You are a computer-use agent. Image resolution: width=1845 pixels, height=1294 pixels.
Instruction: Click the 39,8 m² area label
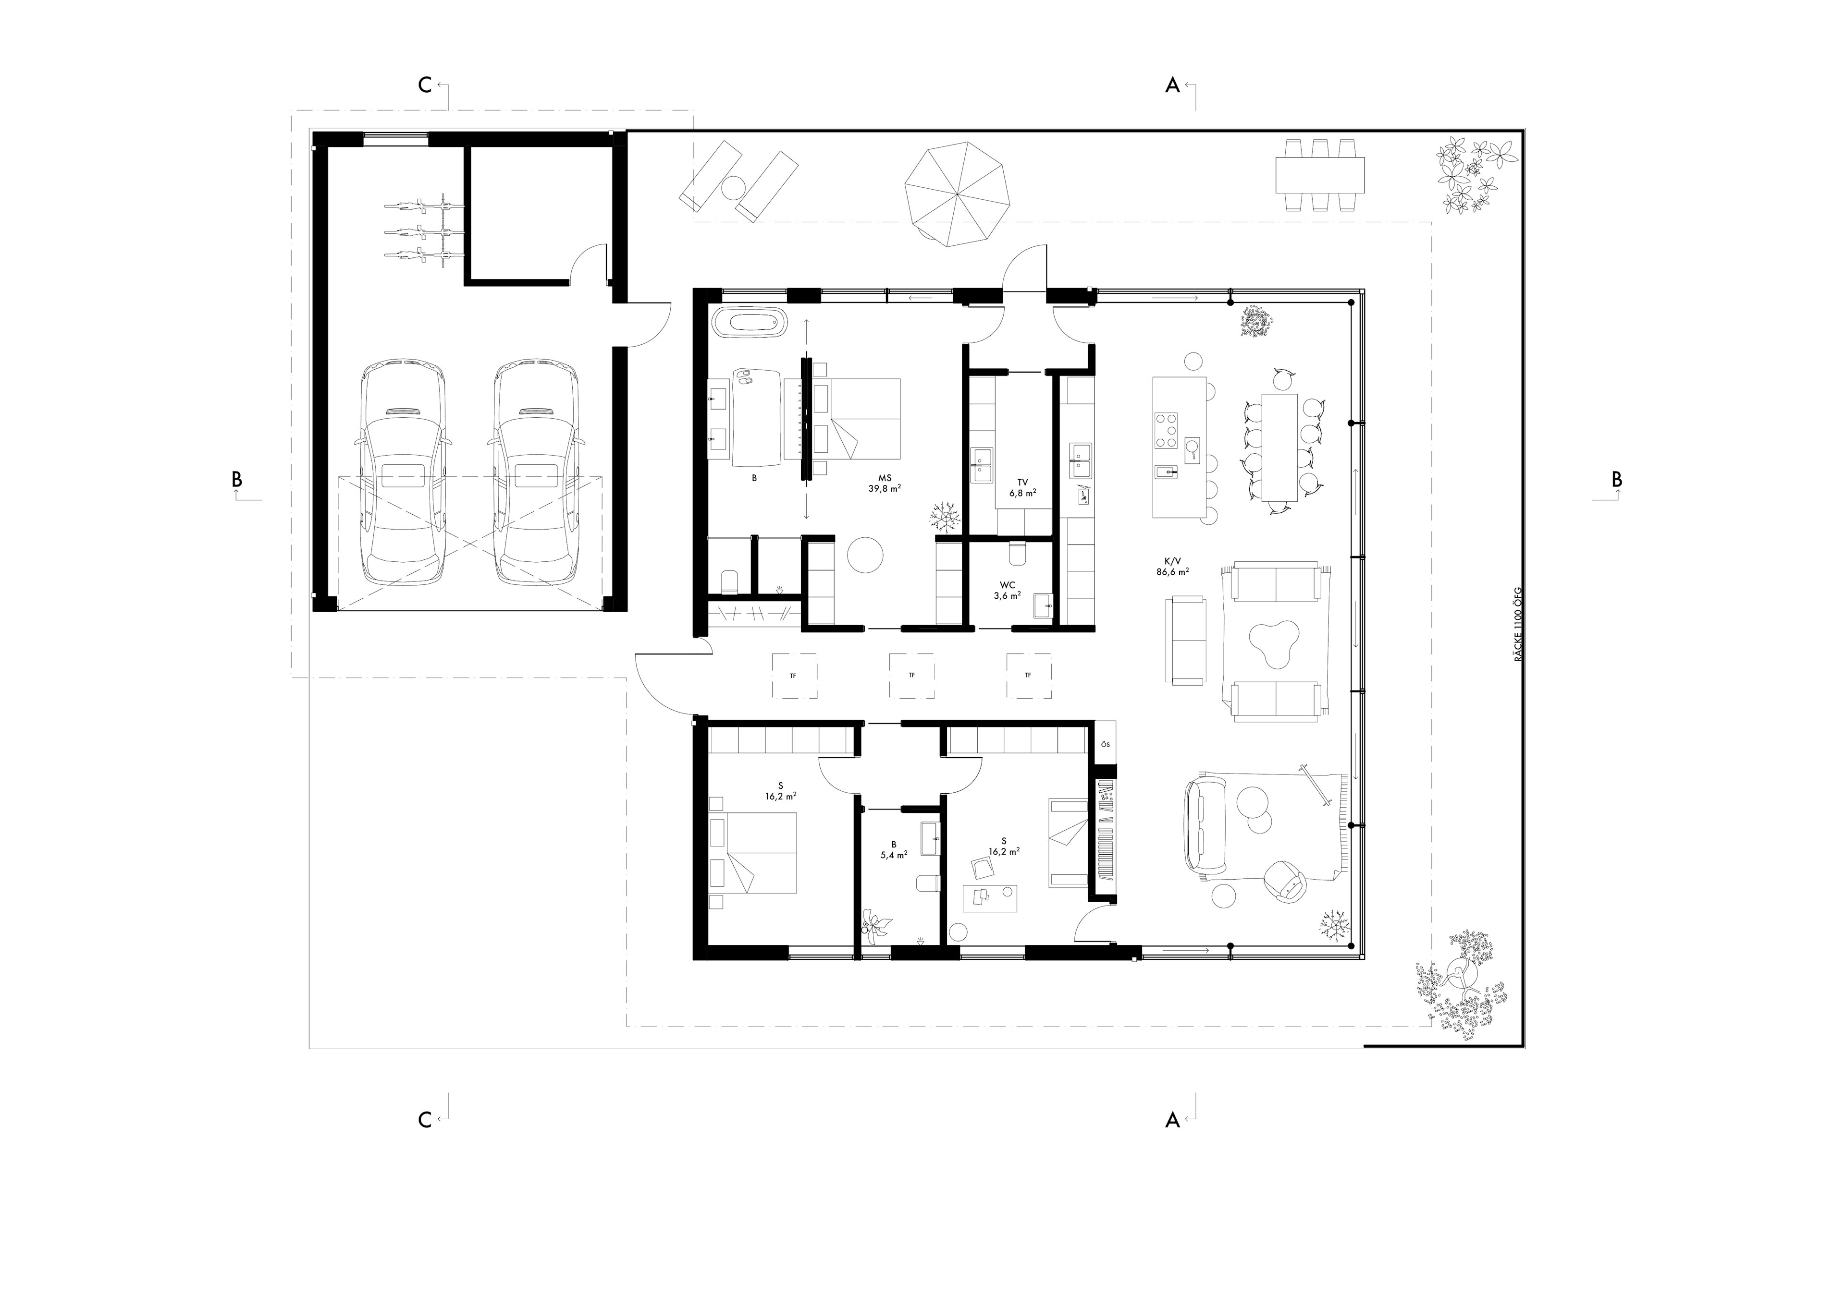(884, 487)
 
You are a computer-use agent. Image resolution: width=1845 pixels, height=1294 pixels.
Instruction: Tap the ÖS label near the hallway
(1106, 745)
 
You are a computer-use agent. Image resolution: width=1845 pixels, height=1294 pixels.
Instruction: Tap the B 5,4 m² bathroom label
(894, 850)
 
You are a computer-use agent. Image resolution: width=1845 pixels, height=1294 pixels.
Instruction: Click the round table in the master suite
(865, 554)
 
